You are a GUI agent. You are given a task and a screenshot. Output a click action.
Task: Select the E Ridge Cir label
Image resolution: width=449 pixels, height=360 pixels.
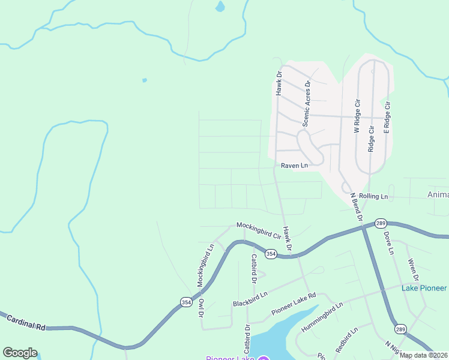click(388, 117)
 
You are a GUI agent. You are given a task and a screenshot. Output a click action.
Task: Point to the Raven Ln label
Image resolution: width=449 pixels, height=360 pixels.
click(294, 165)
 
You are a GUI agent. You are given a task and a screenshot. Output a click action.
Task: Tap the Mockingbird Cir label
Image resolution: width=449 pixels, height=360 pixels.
click(259, 230)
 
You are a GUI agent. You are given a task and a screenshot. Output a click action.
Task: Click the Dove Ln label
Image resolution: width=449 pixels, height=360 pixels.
click(388, 242)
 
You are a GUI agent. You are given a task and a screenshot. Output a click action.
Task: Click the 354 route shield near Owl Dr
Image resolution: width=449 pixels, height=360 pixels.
click(186, 302)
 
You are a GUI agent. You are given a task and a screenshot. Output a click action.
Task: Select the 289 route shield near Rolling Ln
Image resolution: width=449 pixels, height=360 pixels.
click(380, 223)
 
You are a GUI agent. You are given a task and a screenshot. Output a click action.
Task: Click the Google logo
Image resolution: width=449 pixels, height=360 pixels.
click(20, 353)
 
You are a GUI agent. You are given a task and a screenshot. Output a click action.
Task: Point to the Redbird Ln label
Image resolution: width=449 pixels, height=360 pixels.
click(347, 340)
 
